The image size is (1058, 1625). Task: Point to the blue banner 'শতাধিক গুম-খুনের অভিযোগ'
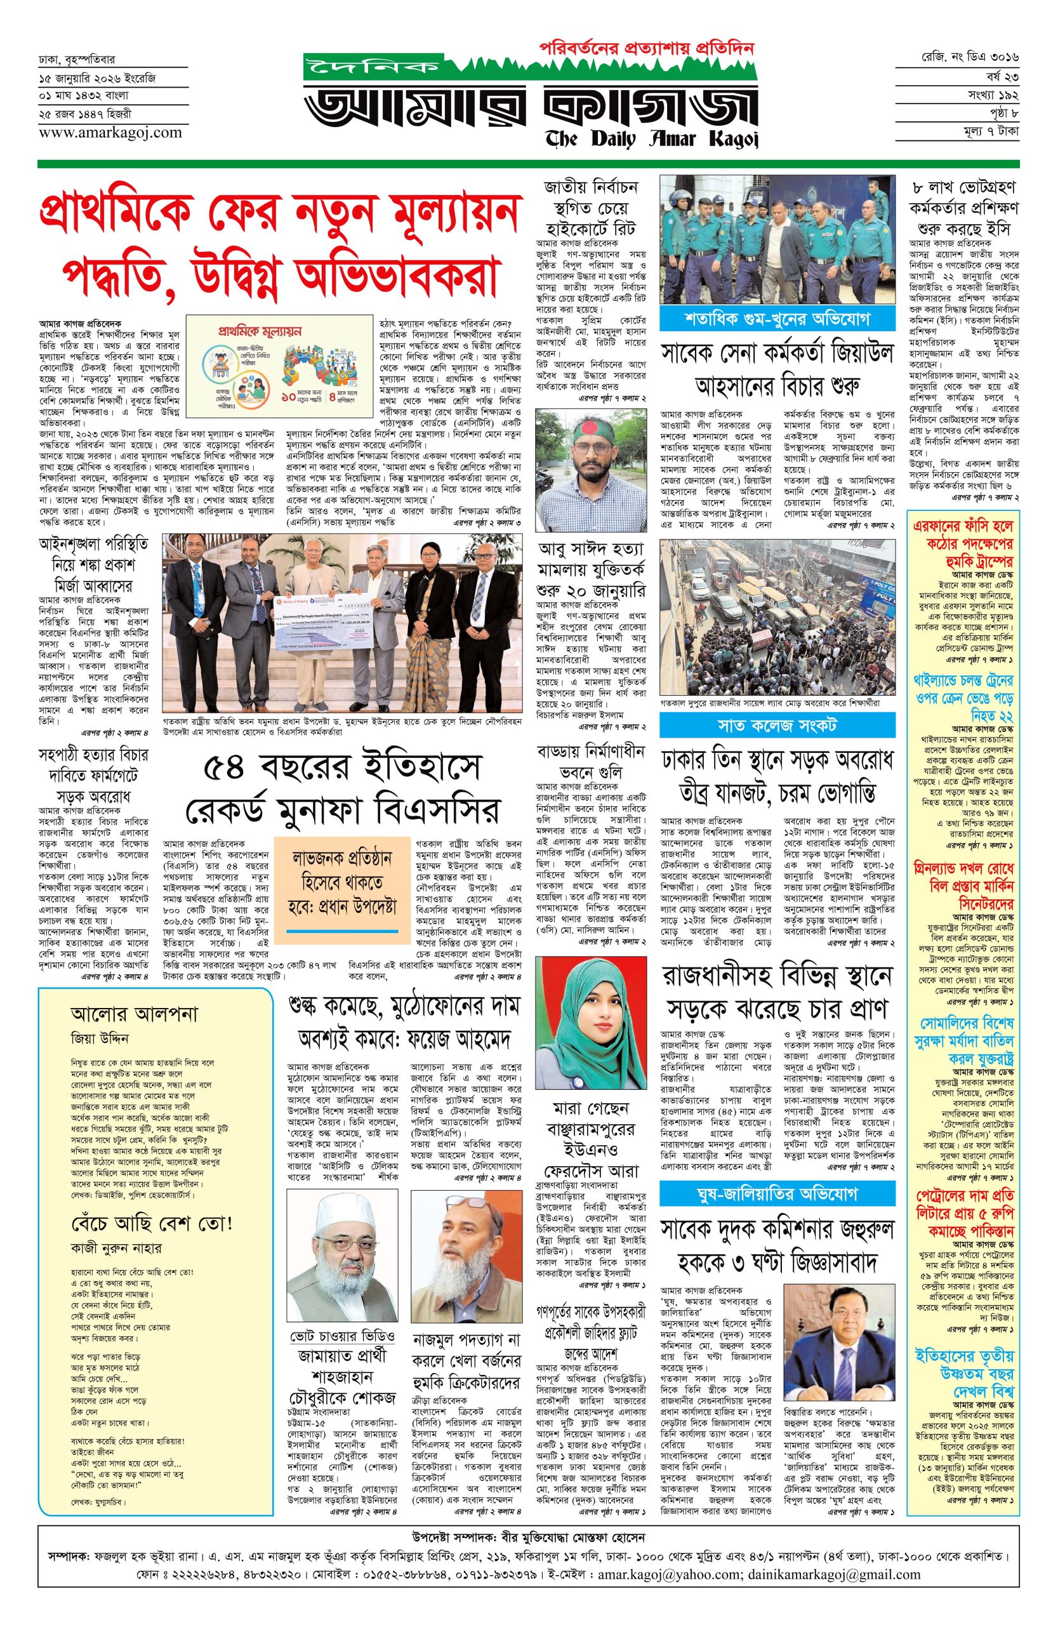point(777,320)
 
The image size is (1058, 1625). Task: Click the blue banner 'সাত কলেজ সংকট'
point(777,724)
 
